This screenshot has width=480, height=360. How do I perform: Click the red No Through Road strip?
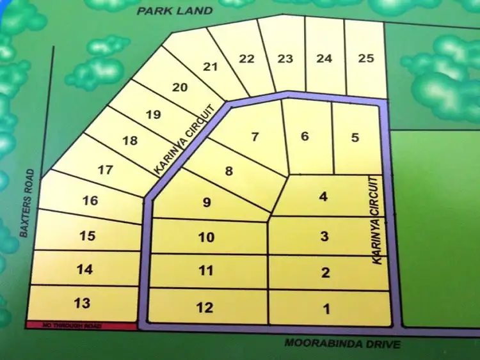(81, 326)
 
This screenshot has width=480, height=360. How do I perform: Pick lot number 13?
(83, 302)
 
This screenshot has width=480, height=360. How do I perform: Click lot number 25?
(366, 58)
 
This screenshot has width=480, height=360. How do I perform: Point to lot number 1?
(326, 310)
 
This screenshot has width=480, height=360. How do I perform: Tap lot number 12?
(205, 308)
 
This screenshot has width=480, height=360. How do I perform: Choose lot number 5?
(356, 136)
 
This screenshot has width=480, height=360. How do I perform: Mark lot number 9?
(206, 203)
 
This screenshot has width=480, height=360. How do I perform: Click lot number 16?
(90, 201)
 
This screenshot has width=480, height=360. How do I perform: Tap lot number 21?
(211, 67)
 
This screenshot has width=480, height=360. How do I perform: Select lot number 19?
(152, 115)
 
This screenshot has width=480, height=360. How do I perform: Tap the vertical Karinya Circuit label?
(379, 221)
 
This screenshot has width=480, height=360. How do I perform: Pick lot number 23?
(285, 59)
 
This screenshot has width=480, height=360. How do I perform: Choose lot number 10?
(206, 237)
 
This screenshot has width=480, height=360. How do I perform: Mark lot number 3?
(324, 236)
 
